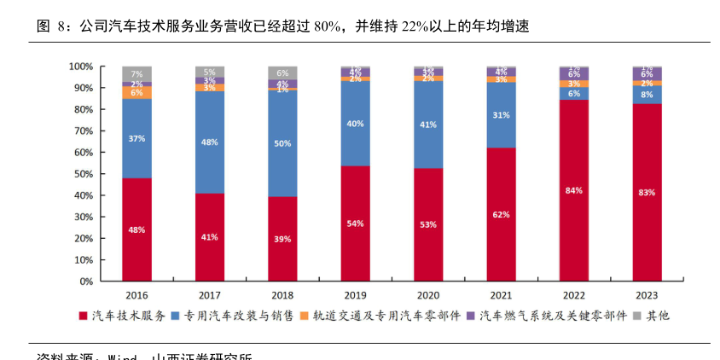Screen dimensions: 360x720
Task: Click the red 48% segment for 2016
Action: pos(137,229)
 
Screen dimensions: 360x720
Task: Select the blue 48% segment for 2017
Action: pos(210,142)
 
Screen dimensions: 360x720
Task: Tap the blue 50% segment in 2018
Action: pos(282,143)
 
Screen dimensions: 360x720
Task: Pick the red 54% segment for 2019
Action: pos(356,223)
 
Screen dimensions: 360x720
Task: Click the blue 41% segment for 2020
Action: pos(428,125)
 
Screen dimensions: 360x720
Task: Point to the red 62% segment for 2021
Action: pos(501,214)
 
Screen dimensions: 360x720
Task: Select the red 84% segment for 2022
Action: pos(574,190)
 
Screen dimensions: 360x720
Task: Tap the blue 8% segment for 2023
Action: pos(647,95)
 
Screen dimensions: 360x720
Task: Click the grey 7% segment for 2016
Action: pos(137,73)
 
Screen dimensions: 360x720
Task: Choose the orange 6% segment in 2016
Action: pos(137,92)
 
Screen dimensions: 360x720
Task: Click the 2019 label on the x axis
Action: pos(356,294)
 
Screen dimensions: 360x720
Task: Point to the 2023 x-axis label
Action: pos(647,294)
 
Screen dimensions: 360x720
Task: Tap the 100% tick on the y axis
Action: pos(81,67)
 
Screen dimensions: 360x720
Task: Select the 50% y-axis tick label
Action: pos(83,174)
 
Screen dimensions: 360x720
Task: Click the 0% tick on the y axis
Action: pos(86,281)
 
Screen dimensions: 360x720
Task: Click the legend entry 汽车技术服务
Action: pos(127,316)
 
